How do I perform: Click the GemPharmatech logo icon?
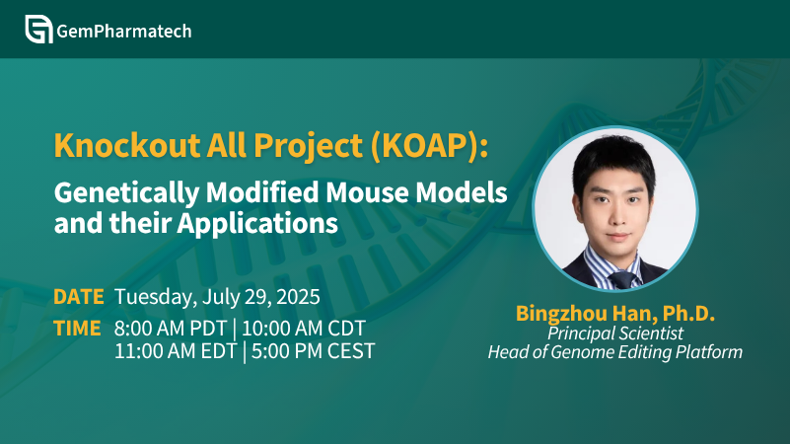pyautogui.click(x=38, y=30)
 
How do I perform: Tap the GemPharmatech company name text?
pyautogui.click(x=124, y=32)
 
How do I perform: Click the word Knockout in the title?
pyautogui.click(x=127, y=145)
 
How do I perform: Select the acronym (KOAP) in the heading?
pyautogui.click(x=429, y=146)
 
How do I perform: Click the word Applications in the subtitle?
pyautogui.click(x=257, y=224)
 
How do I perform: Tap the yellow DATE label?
pyautogui.click(x=79, y=297)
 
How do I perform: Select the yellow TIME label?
pyautogui.click(x=77, y=329)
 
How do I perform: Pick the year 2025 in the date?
pyautogui.click(x=298, y=297)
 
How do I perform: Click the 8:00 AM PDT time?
pyautogui.click(x=171, y=329)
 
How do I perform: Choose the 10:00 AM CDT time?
pyautogui.click(x=304, y=329)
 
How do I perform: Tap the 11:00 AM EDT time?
pyautogui.click(x=176, y=351)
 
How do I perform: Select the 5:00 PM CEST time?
pyautogui.click(x=313, y=351)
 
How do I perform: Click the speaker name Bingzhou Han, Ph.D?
pyautogui.click(x=615, y=314)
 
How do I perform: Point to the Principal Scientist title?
pyautogui.click(x=615, y=333)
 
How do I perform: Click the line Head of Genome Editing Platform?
pyautogui.click(x=615, y=352)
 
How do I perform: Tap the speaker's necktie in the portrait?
pyautogui.click(x=623, y=279)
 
